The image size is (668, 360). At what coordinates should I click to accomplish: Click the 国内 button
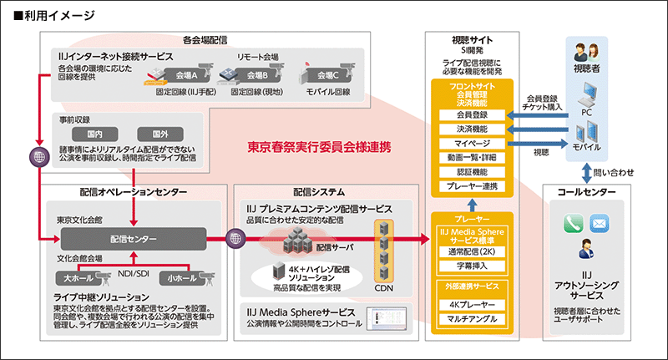pos(94,133)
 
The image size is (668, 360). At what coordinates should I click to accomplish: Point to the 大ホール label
pos(79,277)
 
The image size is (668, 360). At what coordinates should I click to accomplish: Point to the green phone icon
pos(573,224)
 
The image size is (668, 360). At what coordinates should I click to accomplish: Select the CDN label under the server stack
pos(384,289)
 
